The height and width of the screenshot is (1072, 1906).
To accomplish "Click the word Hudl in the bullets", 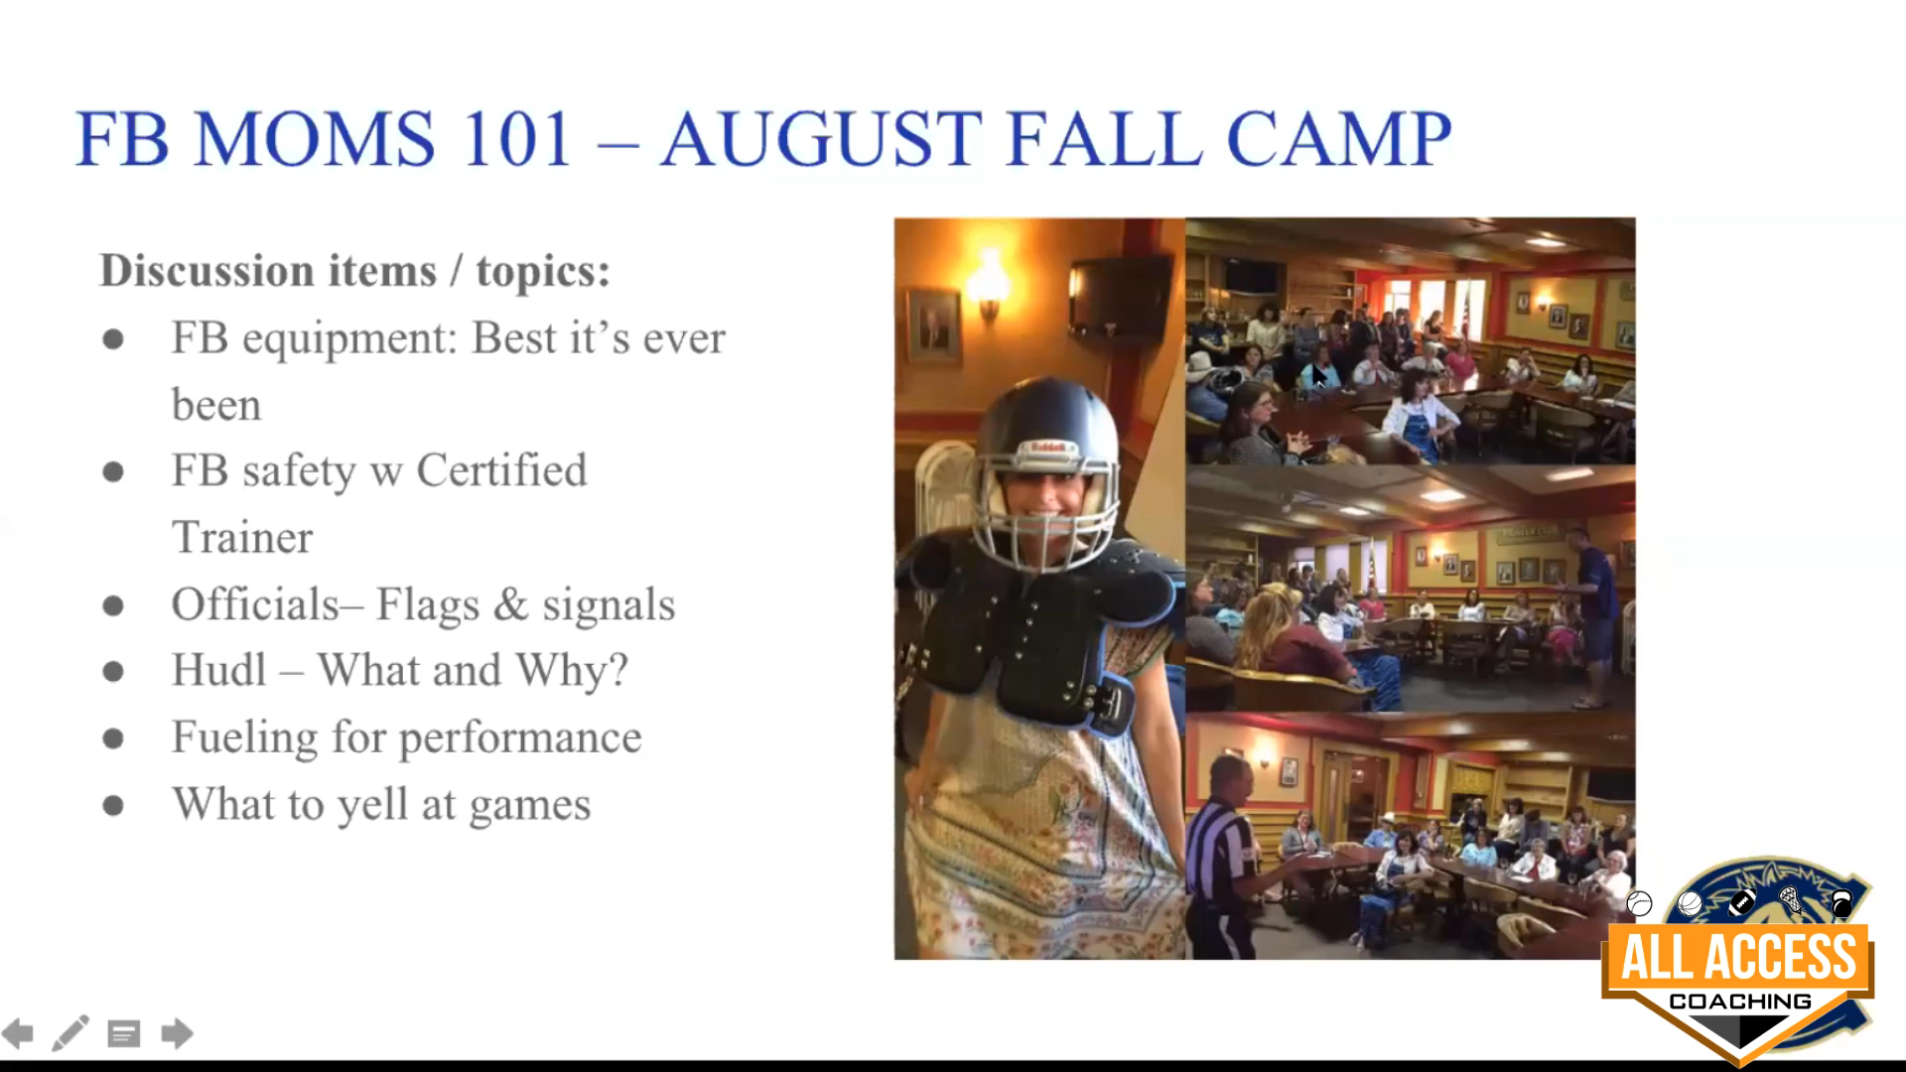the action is coord(219,670).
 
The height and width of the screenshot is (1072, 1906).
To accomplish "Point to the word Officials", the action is coord(255,603).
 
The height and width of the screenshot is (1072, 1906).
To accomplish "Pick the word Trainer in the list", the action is coord(242,537).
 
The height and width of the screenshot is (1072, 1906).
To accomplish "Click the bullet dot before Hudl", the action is coord(113,672).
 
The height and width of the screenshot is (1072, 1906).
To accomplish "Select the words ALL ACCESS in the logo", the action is coord(1738,957).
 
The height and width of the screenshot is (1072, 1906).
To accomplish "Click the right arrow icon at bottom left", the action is coord(177,1034).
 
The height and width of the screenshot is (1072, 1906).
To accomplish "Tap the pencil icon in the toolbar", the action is coord(69,1033).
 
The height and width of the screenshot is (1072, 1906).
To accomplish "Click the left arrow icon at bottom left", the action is coord(18,1034).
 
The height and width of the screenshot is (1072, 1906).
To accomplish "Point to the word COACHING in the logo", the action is coord(1739,1001).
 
